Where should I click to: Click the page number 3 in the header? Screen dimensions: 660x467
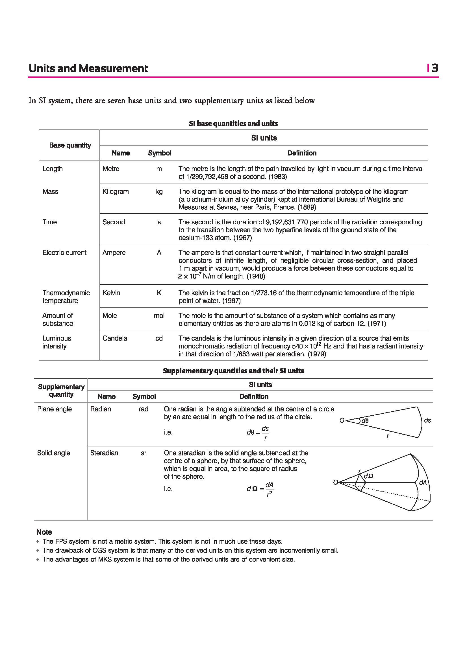[435, 68]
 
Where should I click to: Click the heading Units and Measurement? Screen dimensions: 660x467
[88, 68]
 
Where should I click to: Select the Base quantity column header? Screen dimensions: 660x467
[70, 145]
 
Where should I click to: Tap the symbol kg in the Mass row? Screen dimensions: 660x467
[159, 192]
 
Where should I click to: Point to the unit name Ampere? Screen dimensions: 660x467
[114, 253]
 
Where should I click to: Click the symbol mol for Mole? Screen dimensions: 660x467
[159, 316]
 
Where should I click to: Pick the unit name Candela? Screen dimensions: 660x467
[115, 338]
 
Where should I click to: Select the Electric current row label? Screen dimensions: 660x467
[64, 253]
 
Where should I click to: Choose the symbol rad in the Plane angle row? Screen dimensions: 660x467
[144, 409]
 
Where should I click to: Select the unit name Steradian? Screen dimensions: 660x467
[104, 453]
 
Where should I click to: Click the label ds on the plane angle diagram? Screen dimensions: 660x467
[427, 420]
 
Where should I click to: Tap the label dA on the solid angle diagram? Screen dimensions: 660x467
[423, 483]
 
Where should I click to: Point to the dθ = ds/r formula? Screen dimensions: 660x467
[258, 433]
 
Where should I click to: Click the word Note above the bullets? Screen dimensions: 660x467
[44, 532]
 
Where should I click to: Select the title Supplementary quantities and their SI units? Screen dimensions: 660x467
[233, 371]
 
